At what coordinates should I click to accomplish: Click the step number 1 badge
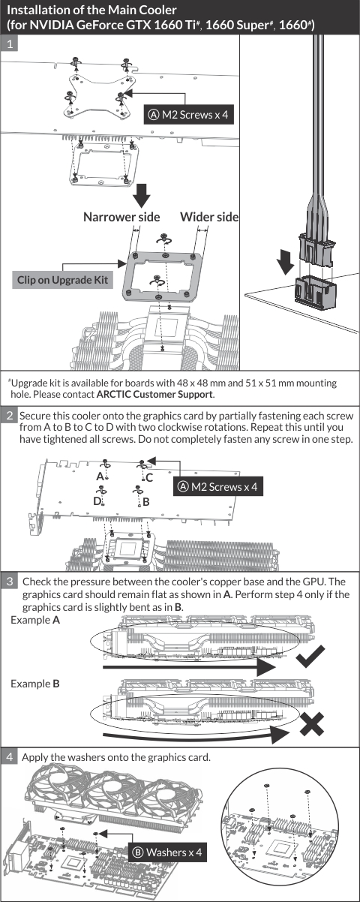coord(9,43)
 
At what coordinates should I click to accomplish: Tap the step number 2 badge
coord(10,416)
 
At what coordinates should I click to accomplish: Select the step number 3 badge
coord(10,581)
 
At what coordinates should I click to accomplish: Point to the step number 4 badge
coord(10,756)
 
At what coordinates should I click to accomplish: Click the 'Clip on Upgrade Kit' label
coord(62,280)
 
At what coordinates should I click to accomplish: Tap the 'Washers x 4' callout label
coord(167,852)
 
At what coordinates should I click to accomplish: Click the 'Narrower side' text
coord(121,217)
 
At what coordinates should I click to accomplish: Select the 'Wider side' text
coord(209,217)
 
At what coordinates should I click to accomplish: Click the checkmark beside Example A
coord(310,656)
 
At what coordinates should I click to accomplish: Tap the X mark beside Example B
coord(312,724)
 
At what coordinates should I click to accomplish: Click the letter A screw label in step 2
coord(100,477)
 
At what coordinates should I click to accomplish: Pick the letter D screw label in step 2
coord(97,501)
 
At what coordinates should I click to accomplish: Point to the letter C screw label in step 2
coord(149,477)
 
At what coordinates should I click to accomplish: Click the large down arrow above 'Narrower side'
coord(141,196)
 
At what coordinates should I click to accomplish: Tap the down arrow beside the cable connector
coord(286,261)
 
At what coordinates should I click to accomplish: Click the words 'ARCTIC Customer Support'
coord(154,394)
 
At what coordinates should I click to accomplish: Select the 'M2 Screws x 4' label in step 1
coord(189,115)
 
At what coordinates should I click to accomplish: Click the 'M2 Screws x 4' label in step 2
coord(218,487)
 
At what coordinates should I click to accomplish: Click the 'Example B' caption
coord(35,684)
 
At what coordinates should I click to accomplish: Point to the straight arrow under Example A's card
coord(189,667)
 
